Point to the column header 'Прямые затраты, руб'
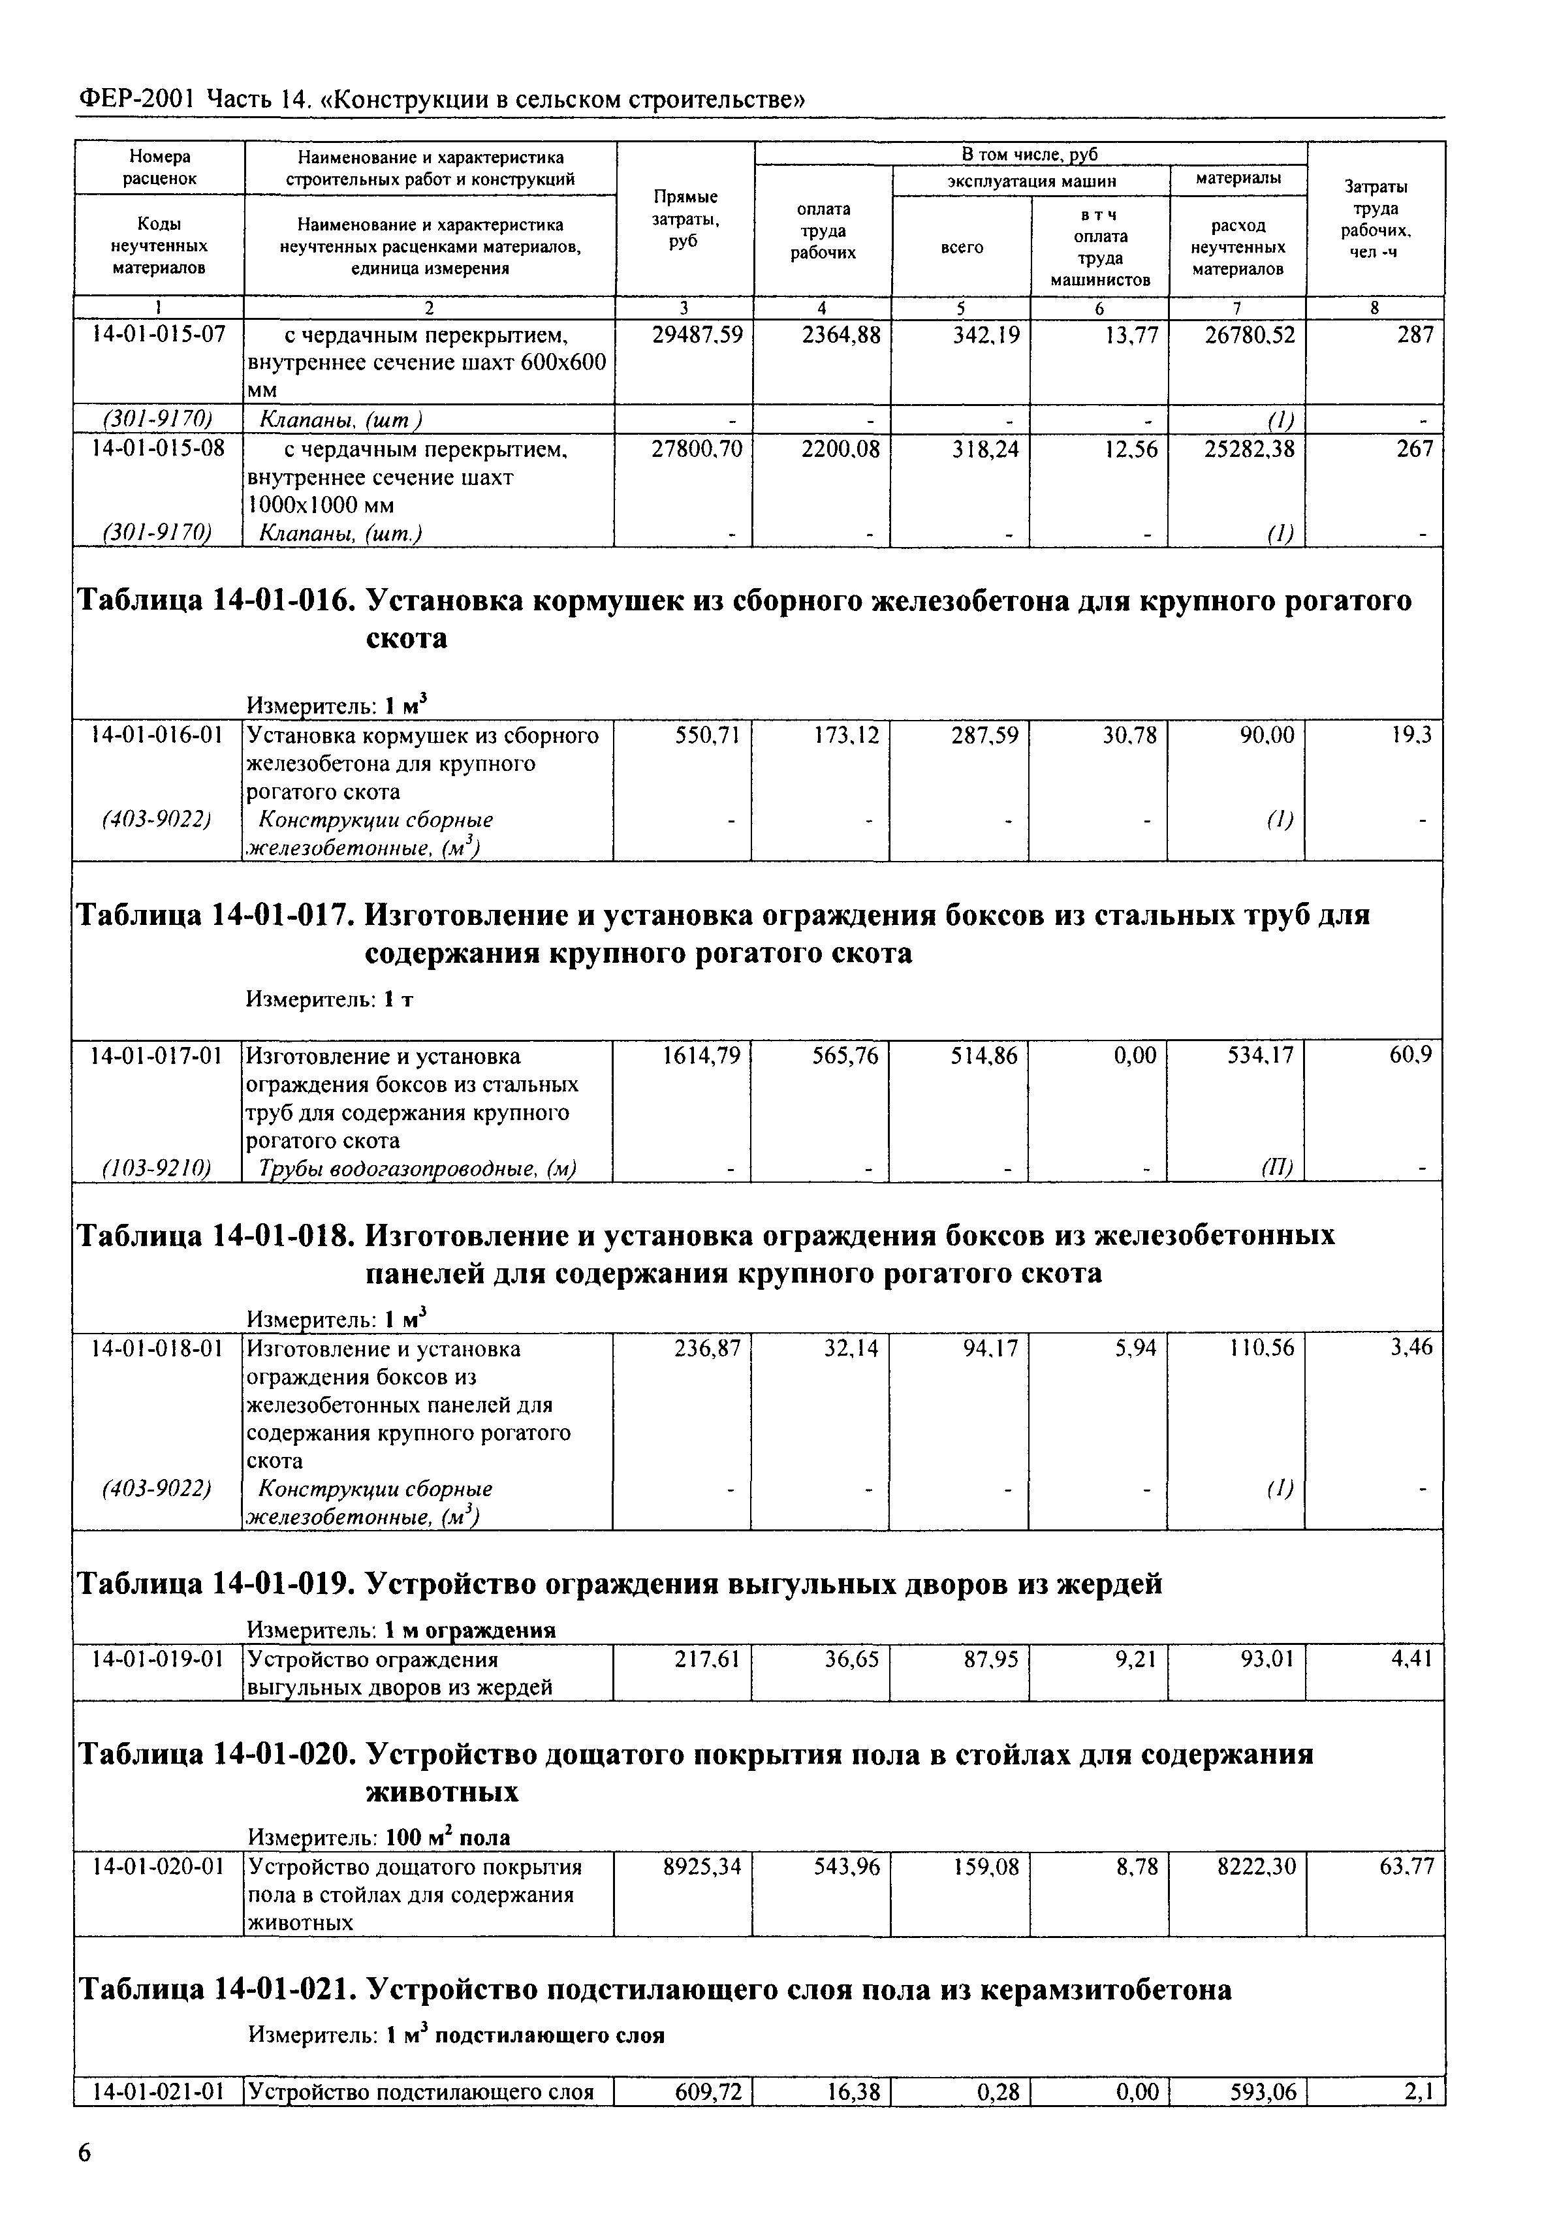[685, 218]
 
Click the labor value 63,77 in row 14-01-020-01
[1406, 1867]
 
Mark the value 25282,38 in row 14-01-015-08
[1248, 449]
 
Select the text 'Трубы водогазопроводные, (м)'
[417, 1168]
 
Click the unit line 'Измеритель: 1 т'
[330, 999]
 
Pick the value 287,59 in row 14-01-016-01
[984, 736]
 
